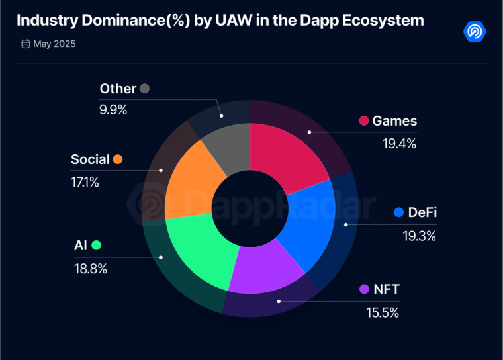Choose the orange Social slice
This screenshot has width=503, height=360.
pos(189,179)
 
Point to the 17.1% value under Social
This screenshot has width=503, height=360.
pos(85,181)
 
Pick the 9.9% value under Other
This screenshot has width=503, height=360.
pos(113,109)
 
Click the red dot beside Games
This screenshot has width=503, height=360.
pos(363,120)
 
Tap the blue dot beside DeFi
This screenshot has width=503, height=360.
pos(398,212)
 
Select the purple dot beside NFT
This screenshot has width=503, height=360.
pos(364,289)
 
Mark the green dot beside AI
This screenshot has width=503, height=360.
pos(97,246)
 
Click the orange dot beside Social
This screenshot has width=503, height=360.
pos(118,159)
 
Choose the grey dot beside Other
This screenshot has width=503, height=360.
pos(145,89)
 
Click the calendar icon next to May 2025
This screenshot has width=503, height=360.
pos(26,44)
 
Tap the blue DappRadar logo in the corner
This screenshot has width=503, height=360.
pos(475,30)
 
